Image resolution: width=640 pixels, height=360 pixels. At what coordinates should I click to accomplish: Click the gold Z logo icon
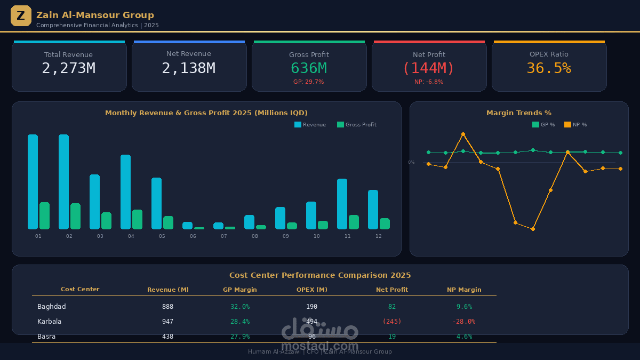coord(21,16)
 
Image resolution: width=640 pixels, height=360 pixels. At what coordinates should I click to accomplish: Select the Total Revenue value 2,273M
coord(68,68)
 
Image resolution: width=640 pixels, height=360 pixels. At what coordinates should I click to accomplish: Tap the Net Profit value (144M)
coord(428,68)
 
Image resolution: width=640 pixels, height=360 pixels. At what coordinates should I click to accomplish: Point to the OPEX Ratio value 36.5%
coord(548,68)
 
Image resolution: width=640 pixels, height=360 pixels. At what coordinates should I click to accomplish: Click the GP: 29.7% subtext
coord(308,82)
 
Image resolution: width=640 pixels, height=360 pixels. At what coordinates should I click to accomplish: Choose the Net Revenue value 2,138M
coord(188,68)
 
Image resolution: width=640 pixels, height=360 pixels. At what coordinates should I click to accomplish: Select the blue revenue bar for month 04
coord(125,192)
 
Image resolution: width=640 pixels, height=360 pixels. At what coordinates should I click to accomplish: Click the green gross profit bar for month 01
coord(44,215)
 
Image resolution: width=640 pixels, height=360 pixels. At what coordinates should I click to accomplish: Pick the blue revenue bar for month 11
coord(342,204)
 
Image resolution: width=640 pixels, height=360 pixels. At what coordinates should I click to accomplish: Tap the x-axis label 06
coord(193,236)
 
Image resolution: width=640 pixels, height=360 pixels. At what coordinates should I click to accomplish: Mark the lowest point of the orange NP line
coord(533,229)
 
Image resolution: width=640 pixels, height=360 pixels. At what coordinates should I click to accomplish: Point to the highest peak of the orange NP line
coord(463,134)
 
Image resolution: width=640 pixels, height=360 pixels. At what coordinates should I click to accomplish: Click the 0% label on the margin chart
coord(411,162)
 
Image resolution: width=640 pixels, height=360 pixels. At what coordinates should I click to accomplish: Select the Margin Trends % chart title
coord(518,113)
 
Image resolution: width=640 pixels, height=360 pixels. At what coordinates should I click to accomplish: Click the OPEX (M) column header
coord(311,290)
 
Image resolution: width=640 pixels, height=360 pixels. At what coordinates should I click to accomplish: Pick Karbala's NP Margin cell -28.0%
coord(463,322)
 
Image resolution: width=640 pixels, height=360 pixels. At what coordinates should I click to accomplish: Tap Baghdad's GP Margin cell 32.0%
coord(239,307)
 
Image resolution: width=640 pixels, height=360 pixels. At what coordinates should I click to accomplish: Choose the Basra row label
coord(46,337)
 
